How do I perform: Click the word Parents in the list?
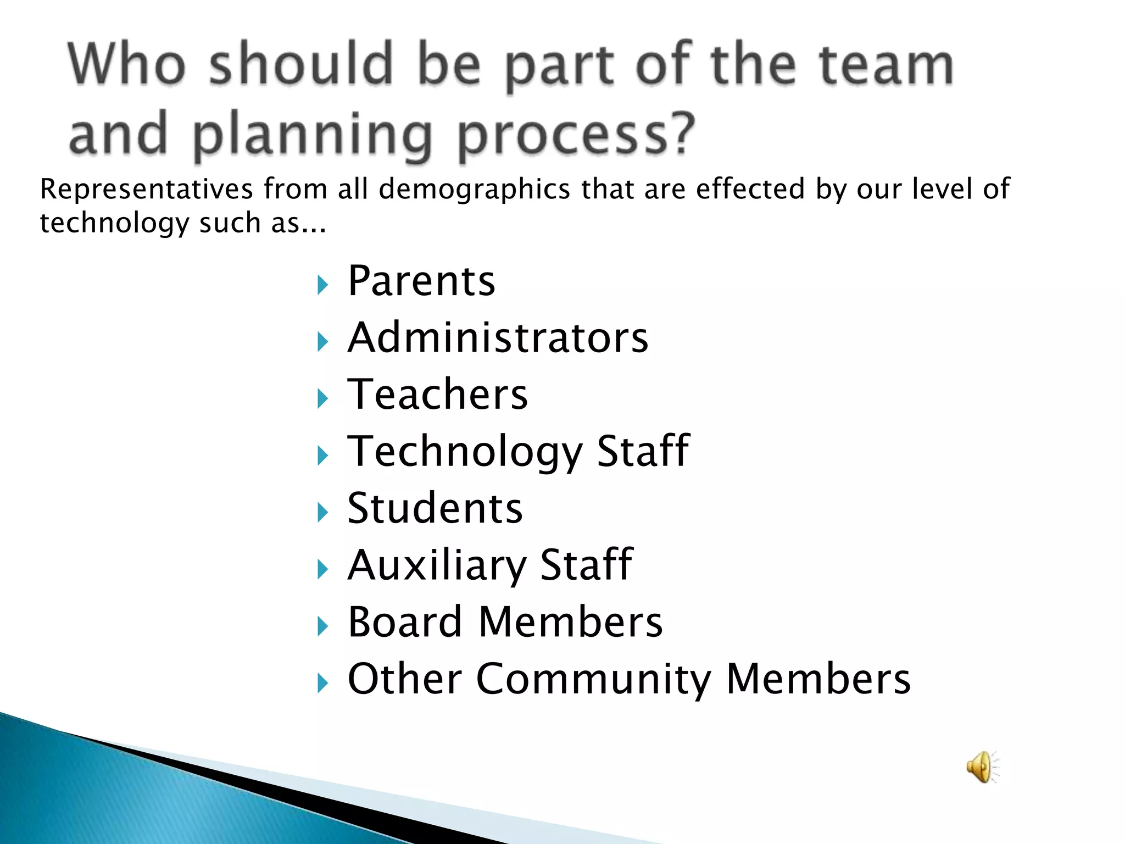[x=421, y=281]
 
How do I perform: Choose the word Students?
[x=435, y=508]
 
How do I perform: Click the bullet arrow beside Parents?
[x=322, y=285]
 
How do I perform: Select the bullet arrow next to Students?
[x=322, y=513]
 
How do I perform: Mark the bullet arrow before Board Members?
[x=322, y=626]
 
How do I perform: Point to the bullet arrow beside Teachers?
[x=322, y=399]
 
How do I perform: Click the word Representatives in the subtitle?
[x=147, y=190]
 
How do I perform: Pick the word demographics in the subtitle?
[x=475, y=190]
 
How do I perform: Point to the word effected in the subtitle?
[x=751, y=190]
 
